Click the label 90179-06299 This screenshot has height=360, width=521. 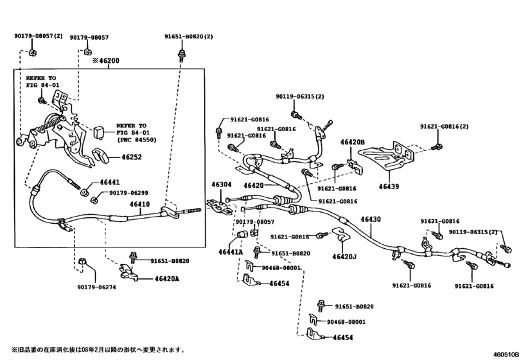128,192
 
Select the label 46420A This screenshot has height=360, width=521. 166,278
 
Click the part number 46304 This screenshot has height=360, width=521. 222,184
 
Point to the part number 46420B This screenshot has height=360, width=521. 352,142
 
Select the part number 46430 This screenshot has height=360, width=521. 370,219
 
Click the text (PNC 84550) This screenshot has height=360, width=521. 135,139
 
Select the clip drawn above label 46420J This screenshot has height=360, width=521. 341,237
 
